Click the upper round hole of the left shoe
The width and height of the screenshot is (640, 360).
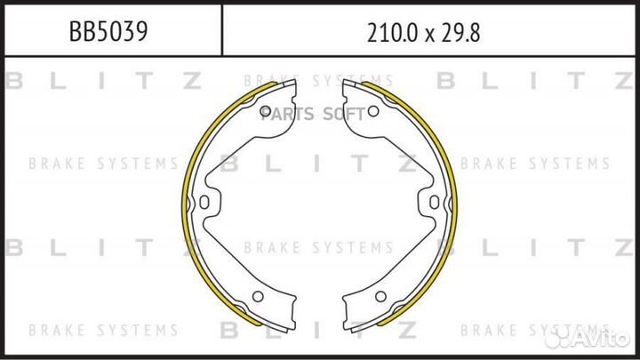pos(266,109)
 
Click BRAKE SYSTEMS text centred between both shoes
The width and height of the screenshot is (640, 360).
pos(317,247)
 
